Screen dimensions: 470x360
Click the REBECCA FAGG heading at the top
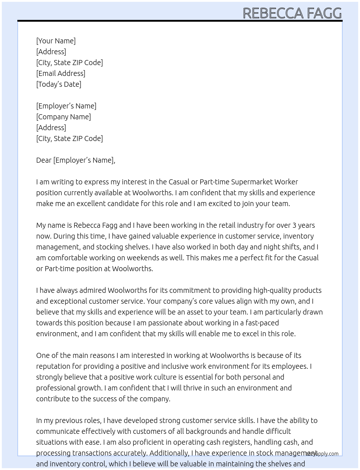292,13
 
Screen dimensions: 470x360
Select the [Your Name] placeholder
56,41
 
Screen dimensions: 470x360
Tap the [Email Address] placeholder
61,73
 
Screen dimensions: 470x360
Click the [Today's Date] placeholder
59,84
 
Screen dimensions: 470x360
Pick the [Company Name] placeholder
64,117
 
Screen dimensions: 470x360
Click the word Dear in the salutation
44,160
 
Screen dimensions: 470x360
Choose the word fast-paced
262,323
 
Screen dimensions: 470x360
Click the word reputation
53,366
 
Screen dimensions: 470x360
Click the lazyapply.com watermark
322,454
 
